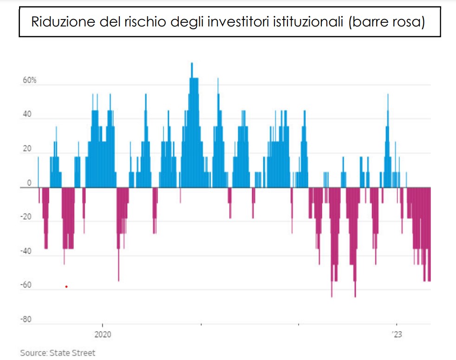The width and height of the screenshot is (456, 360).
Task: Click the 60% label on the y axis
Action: [x=28, y=80]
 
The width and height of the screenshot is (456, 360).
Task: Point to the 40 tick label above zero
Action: [x=26, y=114]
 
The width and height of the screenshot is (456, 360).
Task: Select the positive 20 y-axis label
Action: [x=26, y=148]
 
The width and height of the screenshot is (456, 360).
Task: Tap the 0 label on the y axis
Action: [x=29, y=183]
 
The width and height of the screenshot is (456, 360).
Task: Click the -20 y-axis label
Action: [x=26, y=217]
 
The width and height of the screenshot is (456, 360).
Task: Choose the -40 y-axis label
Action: [x=26, y=251]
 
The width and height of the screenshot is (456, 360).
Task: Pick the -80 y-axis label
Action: [x=26, y=320]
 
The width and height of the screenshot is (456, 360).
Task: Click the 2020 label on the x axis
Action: [x=102, y=334]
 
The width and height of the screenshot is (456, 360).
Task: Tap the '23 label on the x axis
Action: [x=397, y=334]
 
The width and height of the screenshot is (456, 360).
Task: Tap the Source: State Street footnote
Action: [x=58, y=353]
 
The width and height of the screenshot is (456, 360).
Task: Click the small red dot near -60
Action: [x=66, y=286]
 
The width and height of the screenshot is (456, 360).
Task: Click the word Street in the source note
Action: [x=84, y=353]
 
